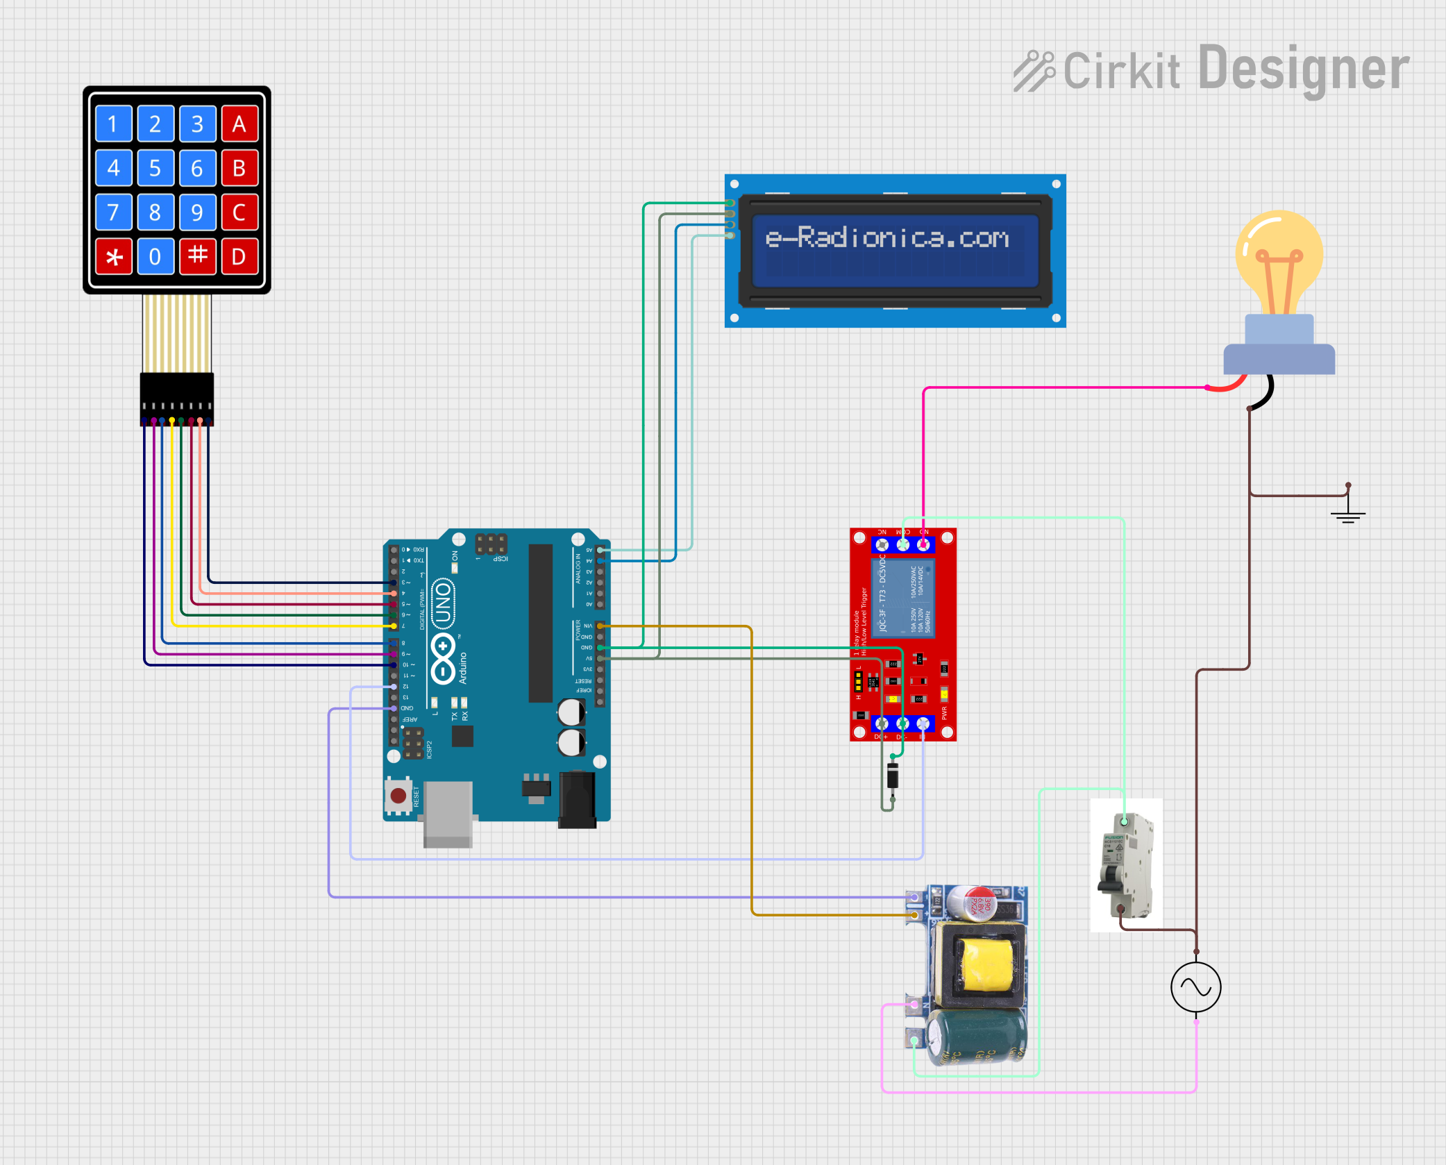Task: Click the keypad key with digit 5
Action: (x=155, y=169)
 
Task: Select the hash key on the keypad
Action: (x=198, y=256)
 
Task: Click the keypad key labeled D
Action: (x=239, y=257)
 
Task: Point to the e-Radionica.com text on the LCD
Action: (x=886, y=238)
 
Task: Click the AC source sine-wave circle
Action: (x=1195, y=987)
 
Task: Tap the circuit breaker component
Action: (x=1126, y=865)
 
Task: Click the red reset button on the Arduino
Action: (x=398, y=795)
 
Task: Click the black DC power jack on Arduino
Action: (x=577, y=800)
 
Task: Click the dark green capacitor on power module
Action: (x=977, y=1037)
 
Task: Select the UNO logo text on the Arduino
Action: (x=443, y=603)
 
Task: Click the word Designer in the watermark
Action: (x=1304, y=69)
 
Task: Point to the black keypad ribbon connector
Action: (x=177, y=399)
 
